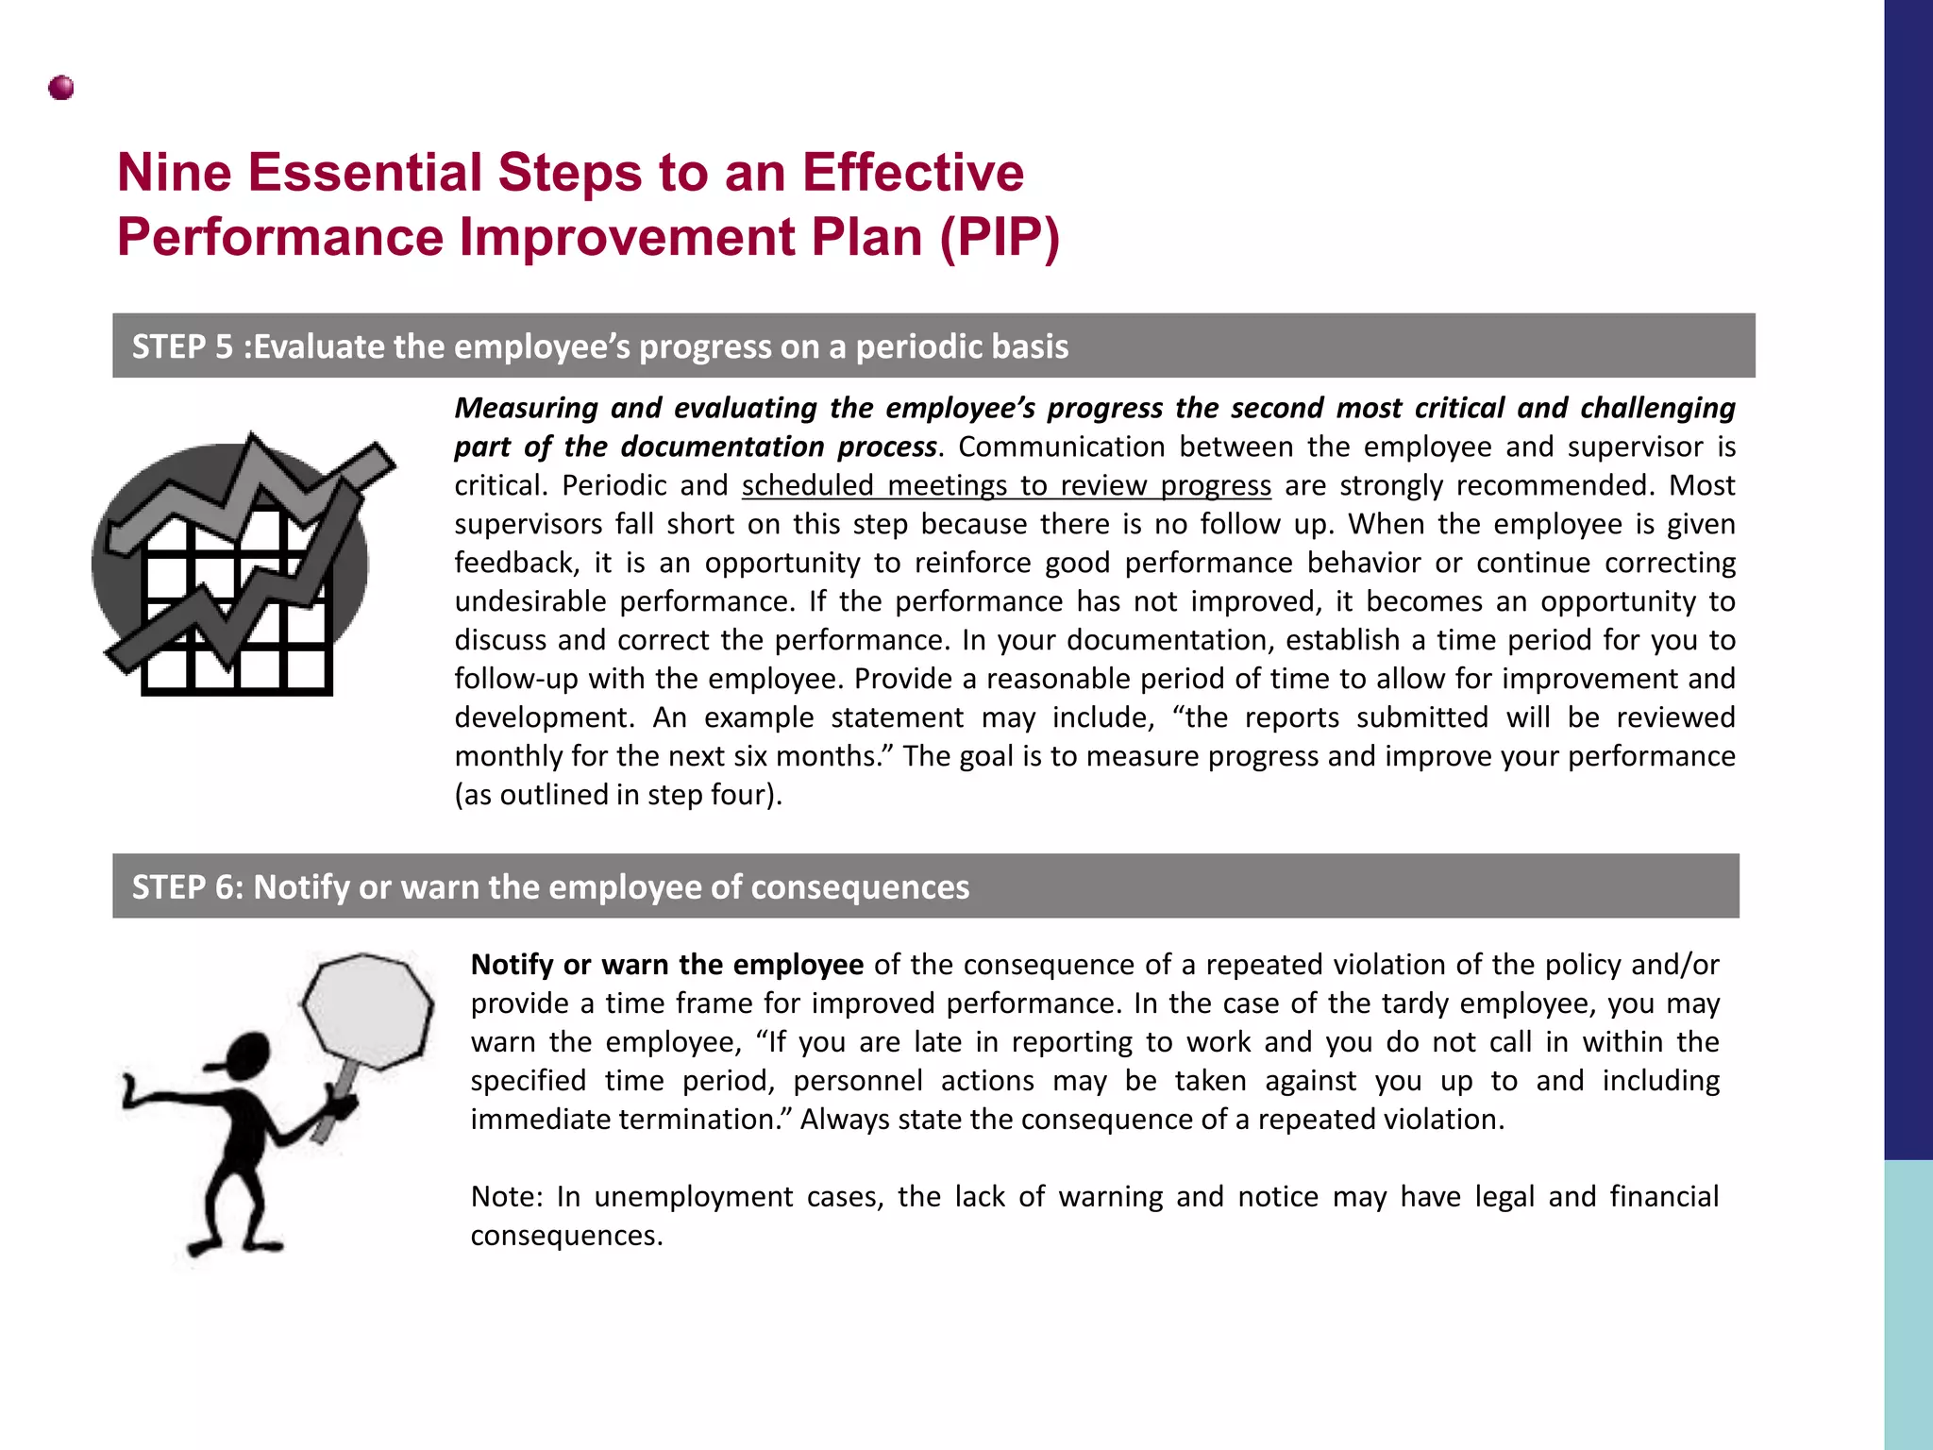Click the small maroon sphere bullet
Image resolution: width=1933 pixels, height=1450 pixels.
(61, 89)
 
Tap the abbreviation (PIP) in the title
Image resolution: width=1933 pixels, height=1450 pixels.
(1000, 237)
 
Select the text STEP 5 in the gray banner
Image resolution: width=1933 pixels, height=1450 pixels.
(182, 347)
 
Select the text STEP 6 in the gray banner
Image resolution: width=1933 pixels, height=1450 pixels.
(182, 887)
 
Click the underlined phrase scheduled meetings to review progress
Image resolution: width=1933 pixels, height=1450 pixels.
(1006, 485)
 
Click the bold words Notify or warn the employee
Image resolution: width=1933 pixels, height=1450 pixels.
(666, 965)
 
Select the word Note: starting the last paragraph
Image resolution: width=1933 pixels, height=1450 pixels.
(507, 1197)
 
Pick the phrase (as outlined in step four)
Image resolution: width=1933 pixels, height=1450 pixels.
(618, 795)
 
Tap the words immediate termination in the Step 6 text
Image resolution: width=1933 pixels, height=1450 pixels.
(631, 1120)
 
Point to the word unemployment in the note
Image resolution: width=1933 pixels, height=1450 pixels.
(694, 1197)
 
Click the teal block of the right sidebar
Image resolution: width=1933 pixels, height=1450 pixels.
(1908, 1303)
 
